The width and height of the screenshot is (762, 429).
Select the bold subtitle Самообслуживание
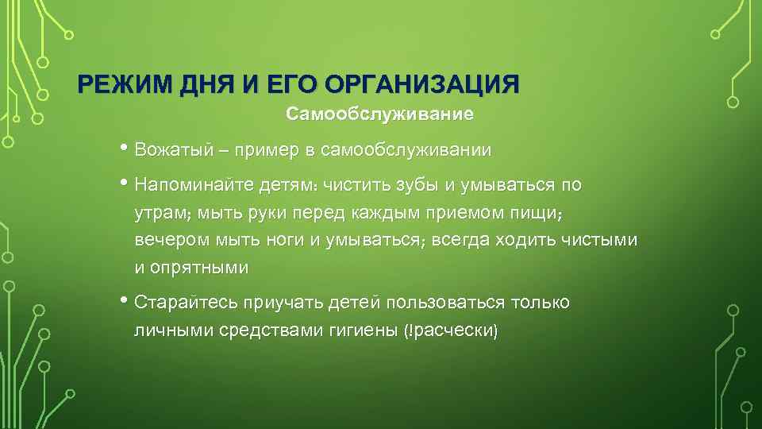(x=380, y=115)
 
